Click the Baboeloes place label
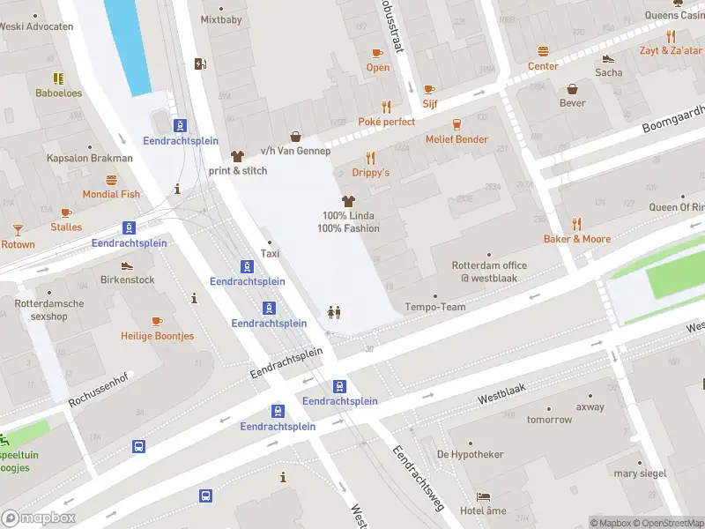[x=58, y=93]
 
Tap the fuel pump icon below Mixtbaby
[x=200, y=63]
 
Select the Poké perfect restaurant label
[x=386, y=122]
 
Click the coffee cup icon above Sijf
[x=429, y=89]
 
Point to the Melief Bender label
[x=456, y=139]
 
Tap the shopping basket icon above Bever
[x=573, y=88]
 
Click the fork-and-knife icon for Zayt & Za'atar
[x=671, y=36]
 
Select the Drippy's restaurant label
[x=370, y=173]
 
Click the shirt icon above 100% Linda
[x=348, y=202]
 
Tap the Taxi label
[x=270, y=254]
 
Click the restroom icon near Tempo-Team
[x=334, y=312]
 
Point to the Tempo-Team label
[x=434, y=307]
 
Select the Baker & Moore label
[x=577, y=239]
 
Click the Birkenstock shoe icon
[x=127, y=265]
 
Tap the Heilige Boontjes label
[x=158, y=336]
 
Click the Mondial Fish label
[x=111, y=194]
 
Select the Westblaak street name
[x=501, y=399]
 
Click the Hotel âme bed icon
[x=483, y=496]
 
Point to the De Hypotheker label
[x=470, y=454]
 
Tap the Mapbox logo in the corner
[x=39, y=518]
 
